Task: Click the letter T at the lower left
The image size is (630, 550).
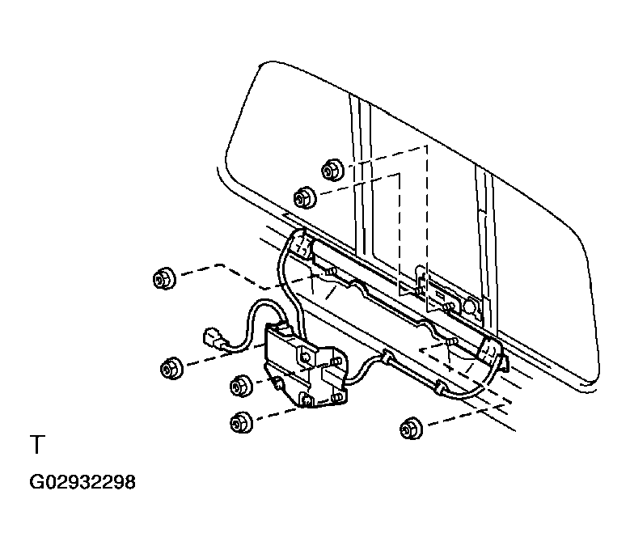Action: [36, 446]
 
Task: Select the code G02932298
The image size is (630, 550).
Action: [82, 483]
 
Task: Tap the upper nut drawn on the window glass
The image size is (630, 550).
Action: [331, 171]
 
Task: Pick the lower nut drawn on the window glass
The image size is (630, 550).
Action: [303, 197]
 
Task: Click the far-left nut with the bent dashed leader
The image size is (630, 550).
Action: [164, 279]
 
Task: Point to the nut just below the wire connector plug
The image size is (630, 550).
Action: [171, 368]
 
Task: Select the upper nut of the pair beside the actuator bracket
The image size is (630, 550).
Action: [241, 386]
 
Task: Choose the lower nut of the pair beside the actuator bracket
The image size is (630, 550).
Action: [241, 421]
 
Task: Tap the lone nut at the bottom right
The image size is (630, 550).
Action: [410, 428]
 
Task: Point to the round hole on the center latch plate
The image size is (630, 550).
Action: [469, 307]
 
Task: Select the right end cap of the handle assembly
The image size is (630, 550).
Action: [490, 351]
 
